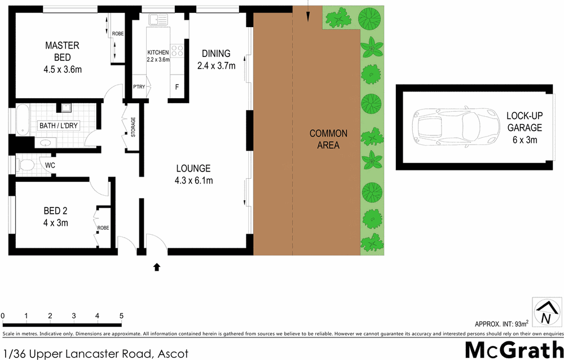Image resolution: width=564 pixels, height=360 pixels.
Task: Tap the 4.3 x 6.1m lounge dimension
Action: tap(193, 181)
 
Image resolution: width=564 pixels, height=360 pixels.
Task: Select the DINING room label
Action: tap(216, 54)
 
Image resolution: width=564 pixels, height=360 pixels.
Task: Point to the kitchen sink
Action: tap(157, 20)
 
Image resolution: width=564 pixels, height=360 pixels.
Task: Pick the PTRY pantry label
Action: tap(139, 87)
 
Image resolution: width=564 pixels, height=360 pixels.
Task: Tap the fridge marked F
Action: tap(177, 87)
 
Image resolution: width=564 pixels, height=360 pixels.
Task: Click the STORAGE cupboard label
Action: tap(133, 127)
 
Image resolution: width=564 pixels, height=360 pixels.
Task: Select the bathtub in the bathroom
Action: tap(22, 120)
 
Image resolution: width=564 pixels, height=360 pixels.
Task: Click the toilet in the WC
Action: tap(26, 165)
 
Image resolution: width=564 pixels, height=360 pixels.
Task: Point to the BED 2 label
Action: tap(55, 212)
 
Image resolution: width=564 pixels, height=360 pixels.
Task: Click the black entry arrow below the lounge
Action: tap(156, 266)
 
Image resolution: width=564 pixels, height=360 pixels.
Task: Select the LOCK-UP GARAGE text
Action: tap(523, 122)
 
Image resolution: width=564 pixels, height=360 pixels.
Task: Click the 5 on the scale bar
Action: tap(121, 315)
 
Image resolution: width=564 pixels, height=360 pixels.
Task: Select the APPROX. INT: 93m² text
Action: tap(501, 324)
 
